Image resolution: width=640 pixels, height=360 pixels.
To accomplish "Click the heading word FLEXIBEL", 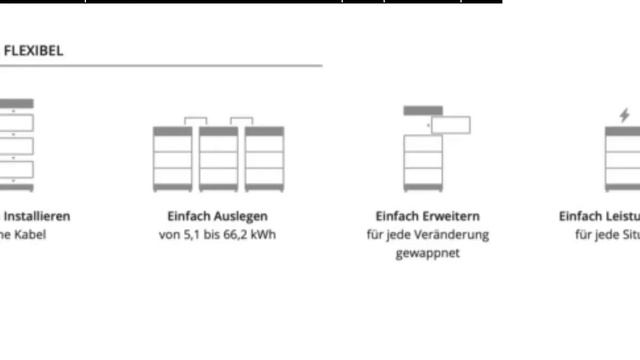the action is pyautogui.click(x=33, y=50).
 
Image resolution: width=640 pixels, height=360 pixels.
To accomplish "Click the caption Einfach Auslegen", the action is pyautogui.click(x=217, y=216).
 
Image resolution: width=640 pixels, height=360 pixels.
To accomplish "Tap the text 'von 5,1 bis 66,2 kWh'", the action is pyautogui.click(x=217, y=235).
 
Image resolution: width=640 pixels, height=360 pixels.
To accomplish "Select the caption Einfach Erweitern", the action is pyautogui.click(x=427, y=216).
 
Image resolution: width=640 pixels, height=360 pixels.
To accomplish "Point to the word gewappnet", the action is pyautogui.click(x=427, y=254).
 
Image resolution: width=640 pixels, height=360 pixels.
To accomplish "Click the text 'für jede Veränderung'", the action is pyautogui.click(x=427, y=235).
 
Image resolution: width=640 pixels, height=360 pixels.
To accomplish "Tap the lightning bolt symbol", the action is pyautogui.click(x=625, y=115).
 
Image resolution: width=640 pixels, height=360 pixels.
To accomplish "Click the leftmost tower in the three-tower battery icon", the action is pyautogui.click(x=172, y=159).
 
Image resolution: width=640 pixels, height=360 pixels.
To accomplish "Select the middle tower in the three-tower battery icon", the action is pyautogui.click(x=218, y=159).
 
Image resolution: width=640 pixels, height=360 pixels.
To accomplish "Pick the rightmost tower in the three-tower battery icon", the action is pyautogui.click(x=264, y=159).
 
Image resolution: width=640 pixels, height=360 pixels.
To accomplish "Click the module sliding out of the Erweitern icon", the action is pyautogui.click(x=451, y=125).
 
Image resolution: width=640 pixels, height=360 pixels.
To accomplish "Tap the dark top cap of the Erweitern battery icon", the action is pyautogui.click(x=422, y=110).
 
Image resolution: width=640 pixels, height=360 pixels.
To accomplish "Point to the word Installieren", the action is pyautogui.click(x=37, y=216).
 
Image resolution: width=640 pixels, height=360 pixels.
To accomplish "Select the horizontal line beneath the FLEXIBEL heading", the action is pyautogui.click(x=160, y=66).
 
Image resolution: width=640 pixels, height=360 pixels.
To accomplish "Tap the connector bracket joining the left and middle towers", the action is pyautogui.click(x=195, y=121).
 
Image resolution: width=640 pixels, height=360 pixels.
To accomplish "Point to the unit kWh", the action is pyautogui.click(x=262, y=235).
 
